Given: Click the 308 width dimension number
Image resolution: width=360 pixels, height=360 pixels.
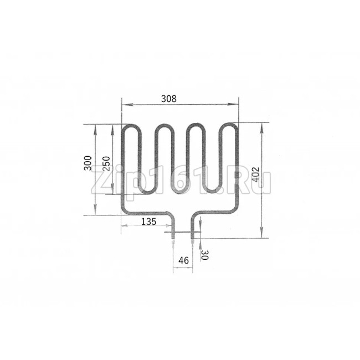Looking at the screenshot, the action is (x=169, y=99).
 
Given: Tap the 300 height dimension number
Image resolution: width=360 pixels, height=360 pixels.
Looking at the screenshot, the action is (x=88, y=163).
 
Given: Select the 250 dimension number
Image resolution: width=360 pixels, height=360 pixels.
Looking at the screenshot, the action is (x=106, y=163).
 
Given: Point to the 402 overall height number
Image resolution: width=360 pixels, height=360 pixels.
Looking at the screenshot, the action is (x=255, y=174).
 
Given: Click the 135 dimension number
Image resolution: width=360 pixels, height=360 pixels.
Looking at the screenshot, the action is (x=148, y=222).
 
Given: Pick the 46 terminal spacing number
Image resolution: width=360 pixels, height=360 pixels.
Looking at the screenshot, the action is (x=183, y=260).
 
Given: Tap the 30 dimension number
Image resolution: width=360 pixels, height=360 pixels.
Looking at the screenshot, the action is (x=204, y=255).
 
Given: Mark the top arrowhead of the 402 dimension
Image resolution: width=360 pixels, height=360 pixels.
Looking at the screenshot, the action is (x=261, y=128).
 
